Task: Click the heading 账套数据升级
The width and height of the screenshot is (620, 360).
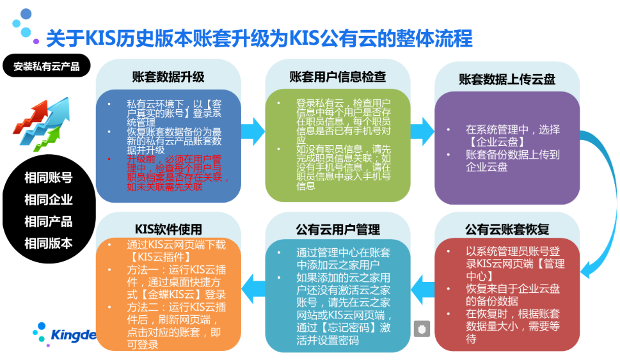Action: [x=168, y=77]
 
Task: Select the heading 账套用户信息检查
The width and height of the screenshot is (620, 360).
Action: [x=337, y=77]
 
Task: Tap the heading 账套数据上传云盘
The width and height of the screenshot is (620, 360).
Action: [x=507, y=79]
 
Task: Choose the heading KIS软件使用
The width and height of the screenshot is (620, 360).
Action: [x=168, y=229]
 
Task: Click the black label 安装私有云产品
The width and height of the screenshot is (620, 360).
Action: [x=46, y=66]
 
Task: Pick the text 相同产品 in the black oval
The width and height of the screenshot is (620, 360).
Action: [x=48, y=222]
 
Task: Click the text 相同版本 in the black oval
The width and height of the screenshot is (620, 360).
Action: [x=48, y=243]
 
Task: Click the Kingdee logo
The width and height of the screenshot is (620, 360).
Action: [x=65, y=334]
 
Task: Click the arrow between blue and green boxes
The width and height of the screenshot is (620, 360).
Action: [x=253, y=131]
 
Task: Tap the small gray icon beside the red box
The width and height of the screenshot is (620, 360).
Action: [x=422, y=329]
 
